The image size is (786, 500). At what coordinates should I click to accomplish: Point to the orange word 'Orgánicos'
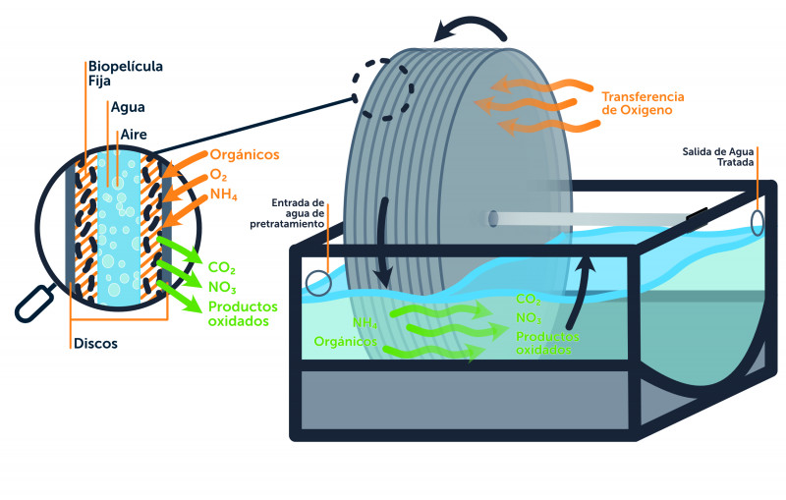tap(245, 154)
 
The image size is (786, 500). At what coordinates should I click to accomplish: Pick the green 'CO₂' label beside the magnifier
tap(221, 265)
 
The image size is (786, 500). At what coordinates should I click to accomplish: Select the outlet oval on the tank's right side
tap(758, 221)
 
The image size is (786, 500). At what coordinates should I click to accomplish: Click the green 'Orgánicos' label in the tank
tap(348, 341)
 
